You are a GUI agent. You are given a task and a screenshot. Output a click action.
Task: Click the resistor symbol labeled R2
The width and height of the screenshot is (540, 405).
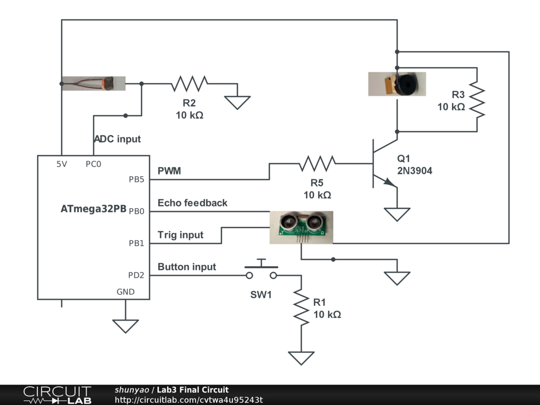[189, 83]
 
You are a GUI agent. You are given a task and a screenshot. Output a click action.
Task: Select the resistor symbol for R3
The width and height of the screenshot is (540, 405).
[477, 99]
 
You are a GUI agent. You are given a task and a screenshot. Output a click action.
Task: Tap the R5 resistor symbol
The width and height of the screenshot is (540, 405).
[317, 163]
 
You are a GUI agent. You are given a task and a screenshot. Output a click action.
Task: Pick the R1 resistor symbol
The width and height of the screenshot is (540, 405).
[301, 307]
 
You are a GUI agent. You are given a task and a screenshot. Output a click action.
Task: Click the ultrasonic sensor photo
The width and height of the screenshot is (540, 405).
[301, 227]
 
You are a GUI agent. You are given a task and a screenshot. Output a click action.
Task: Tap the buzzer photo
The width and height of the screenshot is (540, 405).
[397, 84]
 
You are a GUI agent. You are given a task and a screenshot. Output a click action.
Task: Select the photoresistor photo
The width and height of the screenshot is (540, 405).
[93, 83]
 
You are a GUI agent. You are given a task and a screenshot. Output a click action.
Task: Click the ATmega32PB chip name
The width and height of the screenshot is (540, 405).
[93, 209]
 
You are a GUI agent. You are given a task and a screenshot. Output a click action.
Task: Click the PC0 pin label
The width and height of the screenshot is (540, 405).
[93, 164]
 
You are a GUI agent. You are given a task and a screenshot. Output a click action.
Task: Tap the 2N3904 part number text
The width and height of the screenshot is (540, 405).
[414, 170]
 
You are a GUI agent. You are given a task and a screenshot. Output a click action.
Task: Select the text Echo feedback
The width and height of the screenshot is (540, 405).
[192, 203]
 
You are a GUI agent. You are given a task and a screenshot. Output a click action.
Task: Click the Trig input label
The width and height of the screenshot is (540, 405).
[180, 235]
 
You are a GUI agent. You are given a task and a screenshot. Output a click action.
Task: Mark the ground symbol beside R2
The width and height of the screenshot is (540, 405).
[237, 102]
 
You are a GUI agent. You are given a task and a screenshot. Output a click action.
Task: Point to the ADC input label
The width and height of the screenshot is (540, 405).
[117, 139]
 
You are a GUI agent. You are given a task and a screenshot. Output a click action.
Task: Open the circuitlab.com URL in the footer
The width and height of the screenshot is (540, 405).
[189, 400]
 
